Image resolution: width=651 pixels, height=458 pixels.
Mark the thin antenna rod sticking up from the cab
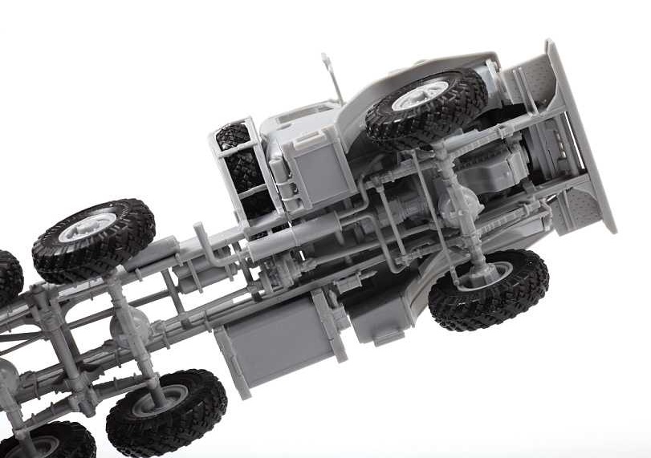point(332,76)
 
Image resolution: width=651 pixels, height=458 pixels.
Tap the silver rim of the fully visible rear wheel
point(87,228)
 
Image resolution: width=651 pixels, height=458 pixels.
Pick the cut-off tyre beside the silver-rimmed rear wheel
point(10,276)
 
